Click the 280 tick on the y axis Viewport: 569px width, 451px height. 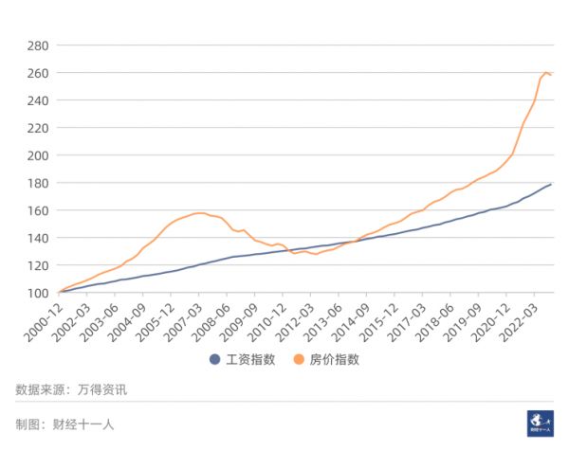[37, 45]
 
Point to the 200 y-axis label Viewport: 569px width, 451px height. [37, 155]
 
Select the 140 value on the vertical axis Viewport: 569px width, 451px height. [37, 238]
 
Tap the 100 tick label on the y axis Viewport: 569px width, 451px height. [37, 293]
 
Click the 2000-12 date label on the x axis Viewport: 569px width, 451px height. [42, 317]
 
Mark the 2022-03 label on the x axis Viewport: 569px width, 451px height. [518, 317]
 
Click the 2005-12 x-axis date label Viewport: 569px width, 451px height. [155, 317]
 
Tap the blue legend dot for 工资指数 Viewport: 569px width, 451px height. [215, 359]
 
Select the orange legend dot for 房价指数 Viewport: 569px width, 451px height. [299, 359]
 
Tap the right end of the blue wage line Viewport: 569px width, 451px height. [551, 184]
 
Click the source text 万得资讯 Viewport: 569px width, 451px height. [101, 389]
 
